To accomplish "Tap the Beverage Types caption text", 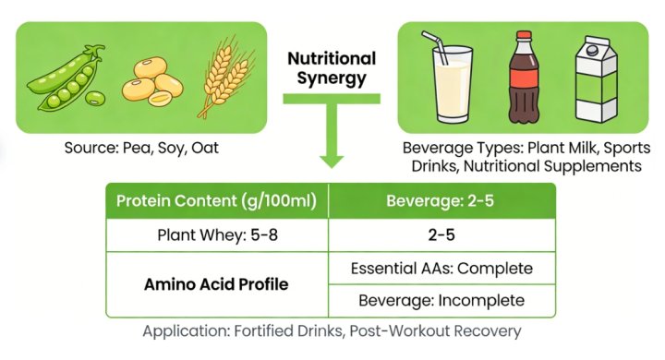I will click(x=527, y=156).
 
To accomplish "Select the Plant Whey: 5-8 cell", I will click(x=219, y=234).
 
